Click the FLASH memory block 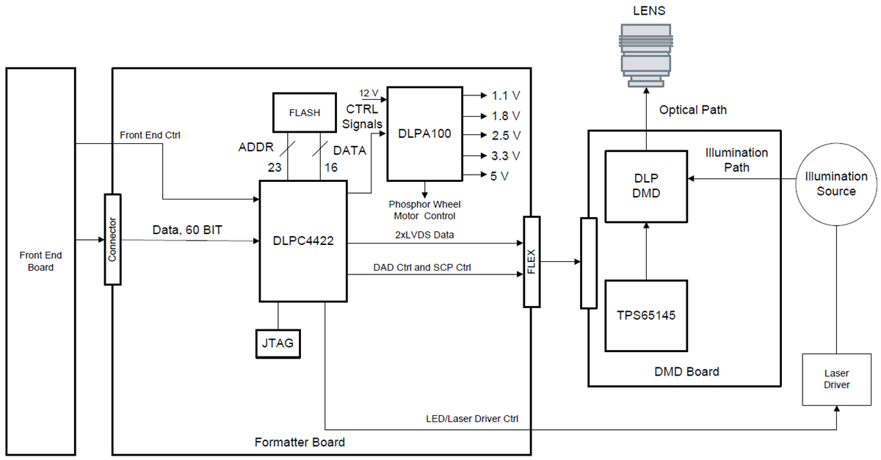tap(304, 113)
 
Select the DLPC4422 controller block tap(302, 240)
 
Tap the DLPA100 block tap(424, 134)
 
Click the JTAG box tap(278, 343)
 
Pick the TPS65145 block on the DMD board tap(645, 315)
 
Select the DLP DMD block tap(645, 186)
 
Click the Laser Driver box tap(835, 379)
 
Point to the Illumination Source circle tap(836, 183)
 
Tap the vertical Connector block tap(112, 240)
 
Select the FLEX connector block tap(531, 261)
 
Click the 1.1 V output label tap(506, 95)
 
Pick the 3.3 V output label tap(506, 156)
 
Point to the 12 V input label tap(369, 93)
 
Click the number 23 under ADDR tap(275, 167)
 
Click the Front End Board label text tap(40, 261)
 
